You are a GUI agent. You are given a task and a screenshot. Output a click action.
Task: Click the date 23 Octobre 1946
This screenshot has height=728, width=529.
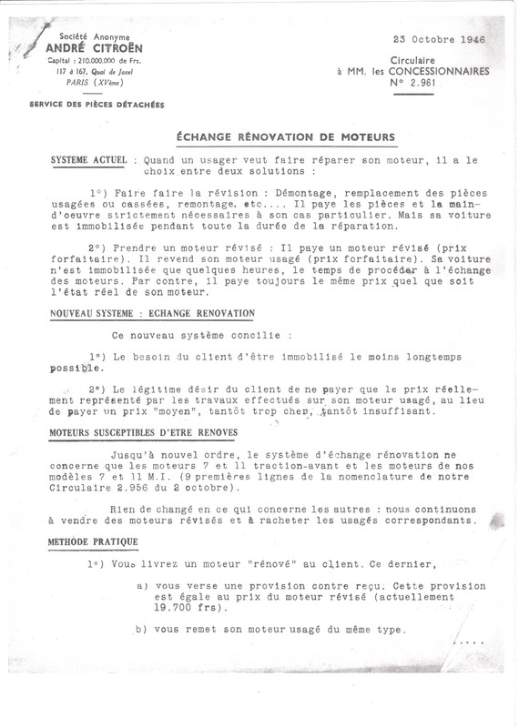[x=440, y=41]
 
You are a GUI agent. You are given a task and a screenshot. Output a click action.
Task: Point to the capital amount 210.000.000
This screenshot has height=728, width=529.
[x=105, y=60]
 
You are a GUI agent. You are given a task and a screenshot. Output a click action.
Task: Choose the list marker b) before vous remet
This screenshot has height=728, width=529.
[x=142, y=630]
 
